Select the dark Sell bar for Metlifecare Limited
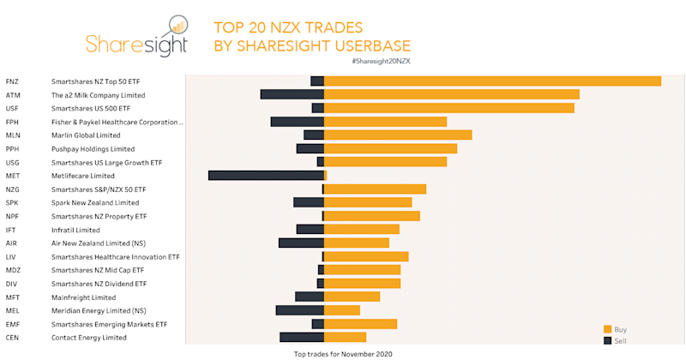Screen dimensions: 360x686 click(266, 176)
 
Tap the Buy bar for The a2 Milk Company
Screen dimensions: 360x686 click(451, 95)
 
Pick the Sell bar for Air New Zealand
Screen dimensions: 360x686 click(301, 243)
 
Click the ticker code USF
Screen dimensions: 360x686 click(12, 109)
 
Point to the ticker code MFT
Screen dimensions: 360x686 click(13, 297)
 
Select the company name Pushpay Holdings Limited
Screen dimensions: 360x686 click(93, 149)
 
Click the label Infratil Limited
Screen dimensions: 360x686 click(75, 230)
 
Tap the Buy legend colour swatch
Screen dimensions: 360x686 click(608, 329)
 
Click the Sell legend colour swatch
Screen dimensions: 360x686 click(608, 340)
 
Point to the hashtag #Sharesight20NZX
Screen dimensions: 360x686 click(381, 62)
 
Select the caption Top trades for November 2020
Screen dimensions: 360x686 click(343, 353)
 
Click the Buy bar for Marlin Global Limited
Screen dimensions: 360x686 click(398, 135)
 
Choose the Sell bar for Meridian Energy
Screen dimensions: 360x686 click(299, 310)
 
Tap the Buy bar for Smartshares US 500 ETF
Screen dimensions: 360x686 click(448, 108)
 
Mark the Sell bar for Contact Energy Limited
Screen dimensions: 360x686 click(301, 337)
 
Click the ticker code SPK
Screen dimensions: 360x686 click(12, 203)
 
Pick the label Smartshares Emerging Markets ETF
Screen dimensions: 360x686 click(109, 324)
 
